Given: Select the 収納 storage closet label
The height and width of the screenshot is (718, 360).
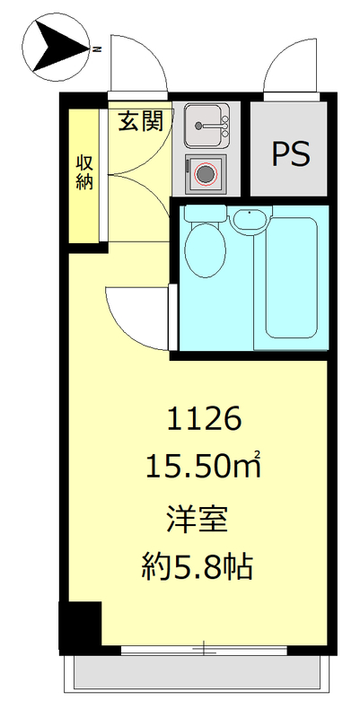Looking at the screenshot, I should [x=85, y=171].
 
